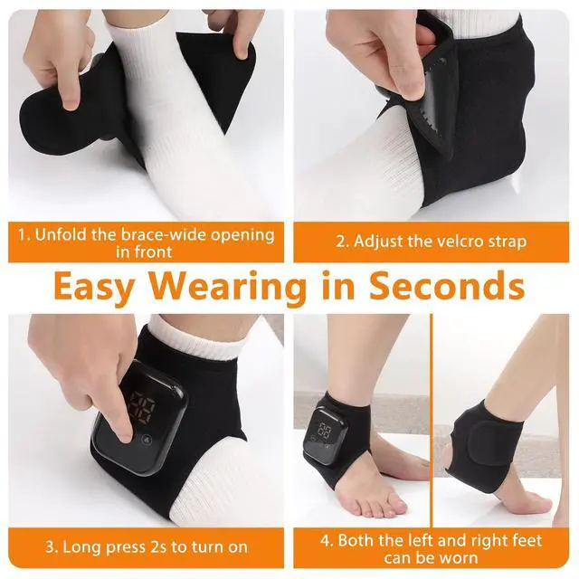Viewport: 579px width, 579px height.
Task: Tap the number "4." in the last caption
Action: [x=327, y=541]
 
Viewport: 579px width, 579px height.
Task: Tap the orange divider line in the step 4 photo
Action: [x=431, y=421]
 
